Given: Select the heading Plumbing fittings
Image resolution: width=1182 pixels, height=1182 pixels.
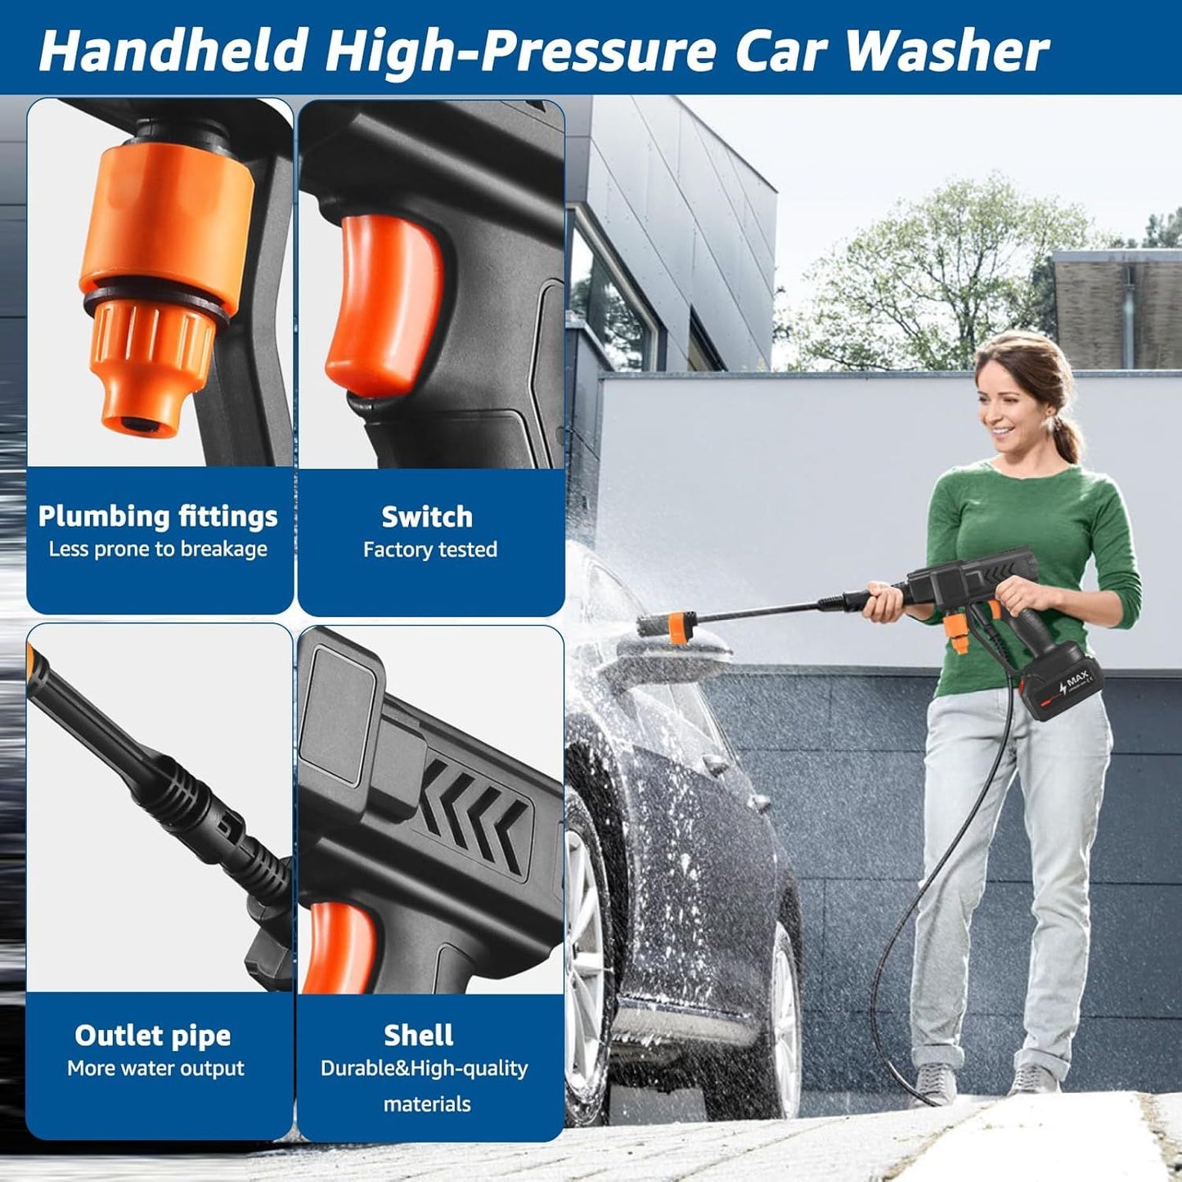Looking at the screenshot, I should pyautogui.click(x=158, y=517).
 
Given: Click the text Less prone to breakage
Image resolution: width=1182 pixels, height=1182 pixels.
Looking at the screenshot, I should pyautogui.click(x=158, y=549).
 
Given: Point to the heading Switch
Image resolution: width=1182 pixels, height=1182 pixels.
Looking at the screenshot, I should pyautogui.click(x=427, y=517).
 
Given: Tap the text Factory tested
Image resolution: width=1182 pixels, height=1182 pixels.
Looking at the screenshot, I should pyautogui.click(x=430, y=550).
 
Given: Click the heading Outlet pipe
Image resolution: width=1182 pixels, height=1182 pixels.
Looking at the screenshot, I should pyautogui.click(x=153, y=1036).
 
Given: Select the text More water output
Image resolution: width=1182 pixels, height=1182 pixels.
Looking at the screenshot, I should pyautogui.click(x=155, y=1068).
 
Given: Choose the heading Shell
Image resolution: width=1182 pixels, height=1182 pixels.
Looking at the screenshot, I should pyautogui.click(x=419, y=1036).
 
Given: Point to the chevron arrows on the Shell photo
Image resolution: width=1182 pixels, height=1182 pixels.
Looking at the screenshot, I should pyautogui.click(x=474, y=810).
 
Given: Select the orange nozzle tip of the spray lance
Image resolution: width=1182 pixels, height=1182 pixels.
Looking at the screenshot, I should pyautogui.click(x=676, y=626).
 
